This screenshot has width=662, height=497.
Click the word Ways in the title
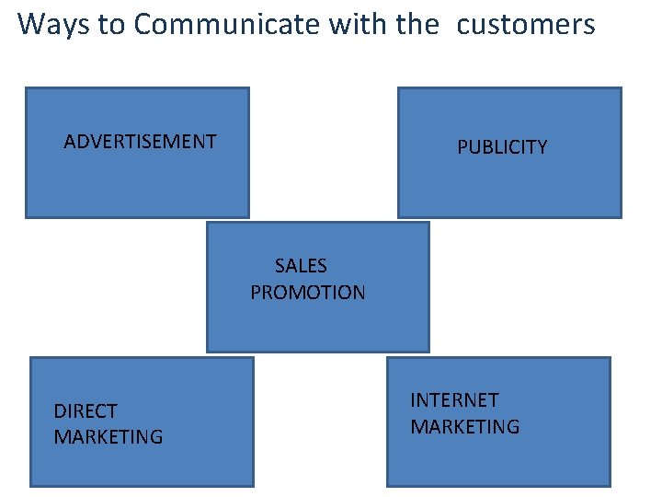[x=53, y=24]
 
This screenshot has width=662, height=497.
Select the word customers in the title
[x=526, y=24]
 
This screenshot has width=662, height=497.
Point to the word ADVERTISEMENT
[x=140, y=142]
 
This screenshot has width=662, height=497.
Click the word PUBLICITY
[x=502, y=147]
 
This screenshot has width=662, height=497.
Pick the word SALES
[x=301, y=266]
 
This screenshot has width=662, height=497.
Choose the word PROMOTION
[x=308, y=293]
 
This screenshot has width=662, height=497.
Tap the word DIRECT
[x=86, y=410]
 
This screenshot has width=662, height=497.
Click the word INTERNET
[x=454, y=400]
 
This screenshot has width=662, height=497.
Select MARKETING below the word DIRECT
[x=108, y=437]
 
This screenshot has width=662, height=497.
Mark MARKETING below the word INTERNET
[x=464, y=427]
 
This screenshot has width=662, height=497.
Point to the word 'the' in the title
[x=417, y=24]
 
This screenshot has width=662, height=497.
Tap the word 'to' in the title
[x=111, y=24]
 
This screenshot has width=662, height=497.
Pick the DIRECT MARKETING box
[x=142, y=460]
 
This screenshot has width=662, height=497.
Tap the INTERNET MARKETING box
[x=498, y=460]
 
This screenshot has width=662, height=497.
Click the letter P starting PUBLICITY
[x=462, y=147]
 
